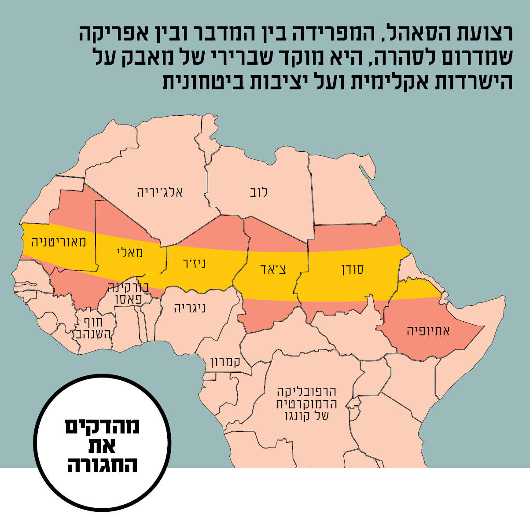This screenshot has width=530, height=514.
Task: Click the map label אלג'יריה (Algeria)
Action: tap(160, 192)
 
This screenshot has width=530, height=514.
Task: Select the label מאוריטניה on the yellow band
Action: tap(59, 242)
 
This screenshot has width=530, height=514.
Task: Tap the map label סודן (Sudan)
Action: tap(353, 270)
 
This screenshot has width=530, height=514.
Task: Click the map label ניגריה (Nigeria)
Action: tap(190, 307)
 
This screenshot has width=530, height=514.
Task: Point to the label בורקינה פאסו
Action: tap(129, 293)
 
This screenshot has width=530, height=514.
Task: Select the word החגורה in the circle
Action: tap(103, 464)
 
